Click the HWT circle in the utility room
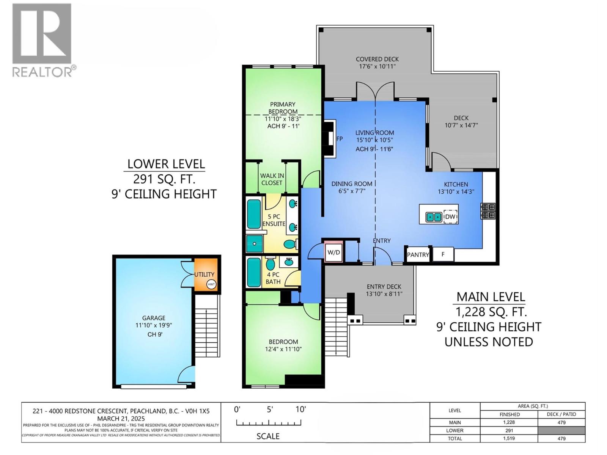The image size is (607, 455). pos(211,284)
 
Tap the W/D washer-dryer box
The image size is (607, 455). pos(333,252)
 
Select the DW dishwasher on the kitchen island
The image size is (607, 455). pos(450,217)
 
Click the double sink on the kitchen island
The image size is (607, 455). pos(433,217)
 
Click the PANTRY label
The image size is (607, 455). pos(418,255)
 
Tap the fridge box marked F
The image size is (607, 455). pos(443,254)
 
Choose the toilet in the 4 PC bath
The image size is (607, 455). pos(270,264)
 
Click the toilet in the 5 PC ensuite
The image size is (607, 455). pos(290,244)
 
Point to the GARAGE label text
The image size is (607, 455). pos(154,318)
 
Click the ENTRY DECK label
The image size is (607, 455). pos(384,287)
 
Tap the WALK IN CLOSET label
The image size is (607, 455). pos(272,179)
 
